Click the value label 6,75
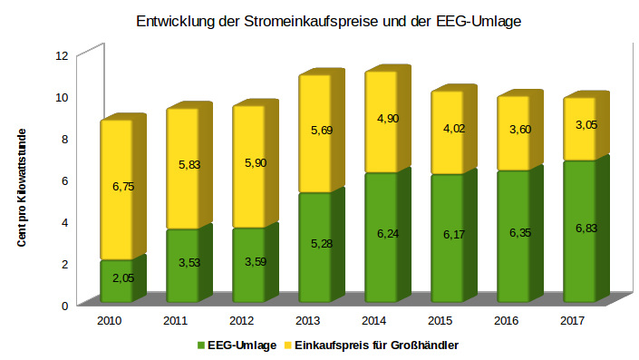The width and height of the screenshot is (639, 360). tap(122, 186)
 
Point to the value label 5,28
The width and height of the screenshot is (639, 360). tap(321, 243)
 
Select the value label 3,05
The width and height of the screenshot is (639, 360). tap(585, 125)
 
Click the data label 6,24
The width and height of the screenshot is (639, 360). tap(387, 234)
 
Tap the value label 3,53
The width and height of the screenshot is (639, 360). tap(189, 263)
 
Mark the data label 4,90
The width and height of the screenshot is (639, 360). tap(387, 119)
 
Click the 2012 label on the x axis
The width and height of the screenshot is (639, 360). tap(240, 321)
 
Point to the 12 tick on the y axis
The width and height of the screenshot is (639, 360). tap(62, 55)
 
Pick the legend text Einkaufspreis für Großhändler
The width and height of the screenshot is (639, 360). tap(376, 345)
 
